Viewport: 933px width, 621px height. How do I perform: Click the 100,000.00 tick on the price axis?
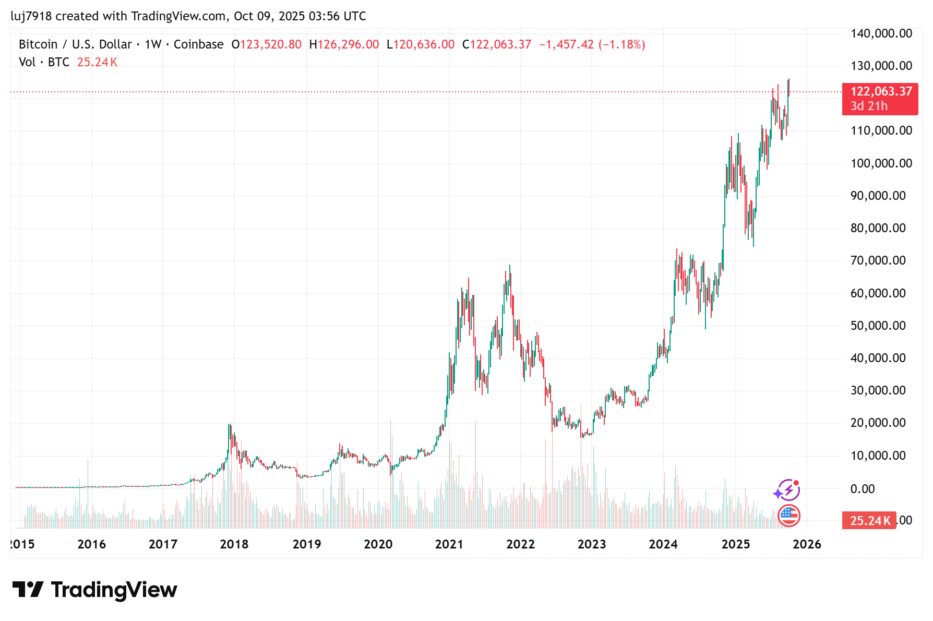(881, 163)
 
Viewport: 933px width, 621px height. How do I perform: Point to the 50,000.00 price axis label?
(878, 326)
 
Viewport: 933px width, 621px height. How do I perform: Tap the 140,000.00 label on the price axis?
(881, 33)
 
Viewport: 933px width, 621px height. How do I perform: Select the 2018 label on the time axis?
(234, 544)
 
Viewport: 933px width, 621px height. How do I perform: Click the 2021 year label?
(449, 544)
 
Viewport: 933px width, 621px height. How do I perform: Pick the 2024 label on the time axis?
(663, 544)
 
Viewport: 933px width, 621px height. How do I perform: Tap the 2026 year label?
(807, 544)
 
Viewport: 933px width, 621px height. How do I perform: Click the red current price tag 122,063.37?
(880, 92)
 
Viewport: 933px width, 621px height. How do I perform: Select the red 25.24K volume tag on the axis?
(869, 520)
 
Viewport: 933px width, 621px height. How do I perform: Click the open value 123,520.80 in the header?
(270, 44)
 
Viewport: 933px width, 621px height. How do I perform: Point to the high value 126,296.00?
(348, 44)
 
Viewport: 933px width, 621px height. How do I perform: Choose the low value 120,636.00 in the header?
(424, 44)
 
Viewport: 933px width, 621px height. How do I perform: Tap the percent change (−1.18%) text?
(621, 44)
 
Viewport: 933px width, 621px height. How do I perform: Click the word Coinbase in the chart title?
(198, 44)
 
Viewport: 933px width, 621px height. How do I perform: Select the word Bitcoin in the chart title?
(38, 44)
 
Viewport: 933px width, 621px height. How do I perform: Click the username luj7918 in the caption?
(31, 16)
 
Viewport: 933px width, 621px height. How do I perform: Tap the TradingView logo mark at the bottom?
(28, 590)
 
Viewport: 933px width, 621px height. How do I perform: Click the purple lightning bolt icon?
(787, 490)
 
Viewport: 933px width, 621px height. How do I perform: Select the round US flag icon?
(788, 516)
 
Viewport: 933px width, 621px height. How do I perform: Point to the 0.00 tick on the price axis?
(862, 489)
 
